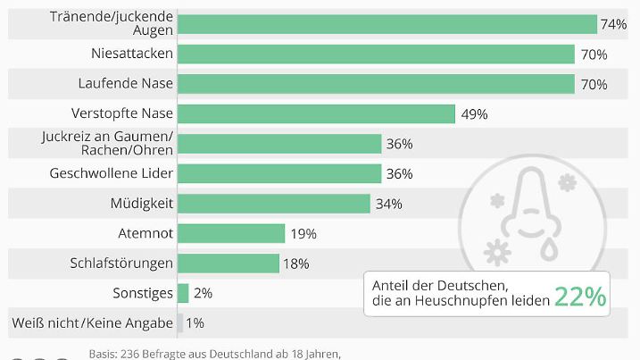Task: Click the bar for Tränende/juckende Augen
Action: click(x=386, y=24)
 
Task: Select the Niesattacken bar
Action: click(x=376, y=54)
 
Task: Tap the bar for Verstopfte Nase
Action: click(x=316, y=113)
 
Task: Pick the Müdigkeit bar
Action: click(x=273, y=203)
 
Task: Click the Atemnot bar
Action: click(x=230, y=233)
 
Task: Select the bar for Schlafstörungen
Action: click(x=228, y=263)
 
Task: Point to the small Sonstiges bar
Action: click(x=183, y=293)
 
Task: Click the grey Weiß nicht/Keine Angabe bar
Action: click(x=180, y=322)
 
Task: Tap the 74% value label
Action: click(x=613, y=24)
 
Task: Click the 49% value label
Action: click(x=473, y=114)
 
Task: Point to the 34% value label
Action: click(x=388, y=204)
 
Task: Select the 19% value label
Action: click(x=303, y=234)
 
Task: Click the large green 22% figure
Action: click(x=580, y=297)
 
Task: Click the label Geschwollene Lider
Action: click(x=112, y=173)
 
